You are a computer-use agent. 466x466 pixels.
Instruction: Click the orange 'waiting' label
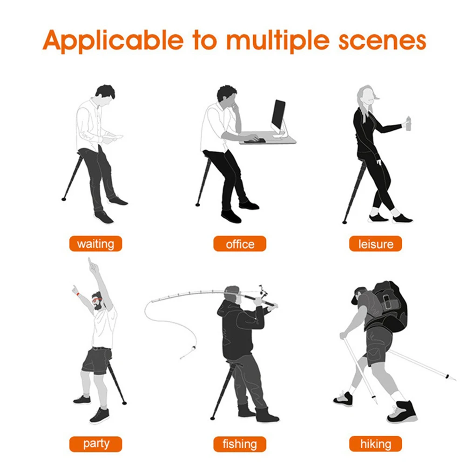(x=95, y=244)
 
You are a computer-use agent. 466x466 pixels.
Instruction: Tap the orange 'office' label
(x=240, y=244)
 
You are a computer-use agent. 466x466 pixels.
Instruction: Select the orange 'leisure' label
(x=375, y=244)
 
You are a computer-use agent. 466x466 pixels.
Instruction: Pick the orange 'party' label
(x=95, y=443)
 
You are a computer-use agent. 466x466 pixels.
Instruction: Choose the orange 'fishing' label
(x=240, y=443)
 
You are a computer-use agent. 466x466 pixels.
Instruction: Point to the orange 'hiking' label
(x=375, y=443)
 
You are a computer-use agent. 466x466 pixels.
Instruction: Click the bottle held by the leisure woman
(x=409, y=123)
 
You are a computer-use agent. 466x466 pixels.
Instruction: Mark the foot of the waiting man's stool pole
(x=64, y=199)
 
